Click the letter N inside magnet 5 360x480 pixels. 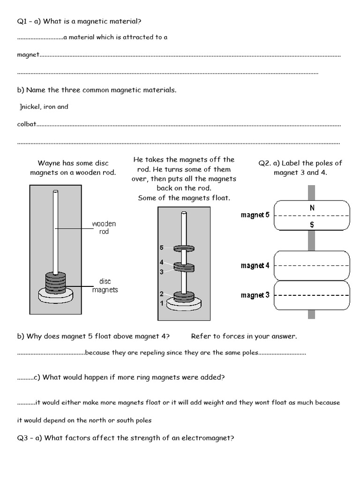point(312,207)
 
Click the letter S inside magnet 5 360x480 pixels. point(312,225)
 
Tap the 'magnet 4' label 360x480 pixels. point(255,266)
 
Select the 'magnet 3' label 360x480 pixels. point(255,295)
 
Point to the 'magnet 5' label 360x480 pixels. point(255,215)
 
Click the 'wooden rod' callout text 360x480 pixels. point(104,228)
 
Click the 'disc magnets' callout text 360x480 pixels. point(105,285)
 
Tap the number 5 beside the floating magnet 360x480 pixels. point(161,247)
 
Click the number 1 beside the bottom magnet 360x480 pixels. point(161,304)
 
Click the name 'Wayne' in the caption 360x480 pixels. point(50,163)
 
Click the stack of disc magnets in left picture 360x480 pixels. point(56,284)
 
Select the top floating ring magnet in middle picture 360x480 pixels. point(184,248)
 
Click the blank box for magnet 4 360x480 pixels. point(312,265)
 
